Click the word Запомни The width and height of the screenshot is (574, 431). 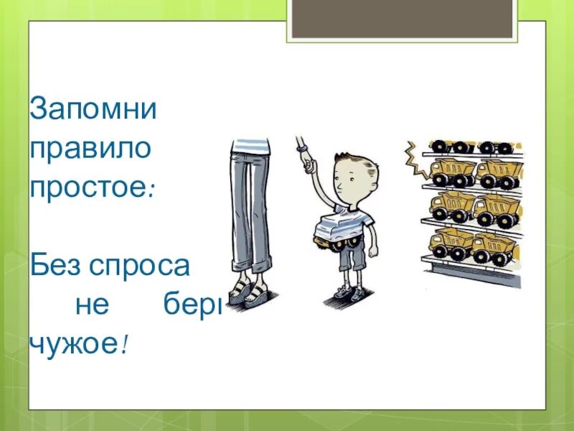93,110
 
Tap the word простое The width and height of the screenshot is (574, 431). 88,188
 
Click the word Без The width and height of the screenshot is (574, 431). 55,267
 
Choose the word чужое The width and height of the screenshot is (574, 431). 73,344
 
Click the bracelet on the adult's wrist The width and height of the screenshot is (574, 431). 302,147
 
